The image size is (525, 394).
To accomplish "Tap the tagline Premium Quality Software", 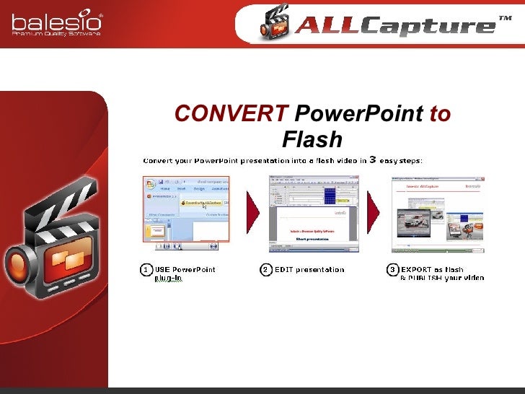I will click(x=56, y=32).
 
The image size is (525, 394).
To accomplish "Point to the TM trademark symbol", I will click(x=505, y=18).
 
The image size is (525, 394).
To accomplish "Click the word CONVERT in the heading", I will click(x=231, y=114).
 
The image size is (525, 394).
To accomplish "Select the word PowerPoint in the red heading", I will click(x=359, y=114).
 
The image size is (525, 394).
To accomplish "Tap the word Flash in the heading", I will click(x=312, y=139).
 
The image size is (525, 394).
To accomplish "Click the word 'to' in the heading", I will click(x=440, y=114).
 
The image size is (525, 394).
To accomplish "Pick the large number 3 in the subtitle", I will click(x=373, y=159).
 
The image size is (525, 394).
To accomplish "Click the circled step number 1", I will click(x=145, y=270).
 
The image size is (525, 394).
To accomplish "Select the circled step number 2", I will click(x=265, y=270).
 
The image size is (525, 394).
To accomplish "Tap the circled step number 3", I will click(x=392, y=270).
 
